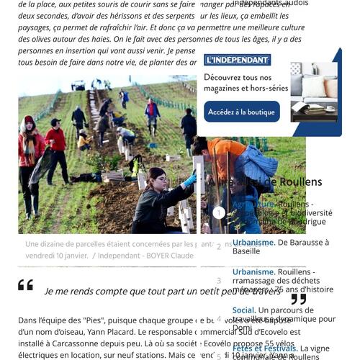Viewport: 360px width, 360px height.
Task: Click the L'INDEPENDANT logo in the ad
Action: [237, 60]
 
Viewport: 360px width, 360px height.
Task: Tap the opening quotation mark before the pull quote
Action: [25, 285]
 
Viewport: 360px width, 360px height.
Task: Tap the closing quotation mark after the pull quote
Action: [298, 299]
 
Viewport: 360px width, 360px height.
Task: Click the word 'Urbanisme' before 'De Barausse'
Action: [253, 243]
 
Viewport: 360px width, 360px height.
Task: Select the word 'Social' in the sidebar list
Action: [243, 310]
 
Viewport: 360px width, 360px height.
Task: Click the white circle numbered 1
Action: [219, 212]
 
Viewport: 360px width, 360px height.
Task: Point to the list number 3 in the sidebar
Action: [219, 281]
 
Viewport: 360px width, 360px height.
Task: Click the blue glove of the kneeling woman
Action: [189, 181]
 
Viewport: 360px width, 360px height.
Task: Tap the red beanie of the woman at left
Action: [29, 120]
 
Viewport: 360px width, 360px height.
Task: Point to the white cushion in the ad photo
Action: [314, 87]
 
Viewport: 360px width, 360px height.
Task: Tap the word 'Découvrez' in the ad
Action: [222, 78]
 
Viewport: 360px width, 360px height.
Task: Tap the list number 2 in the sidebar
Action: [219, 246]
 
